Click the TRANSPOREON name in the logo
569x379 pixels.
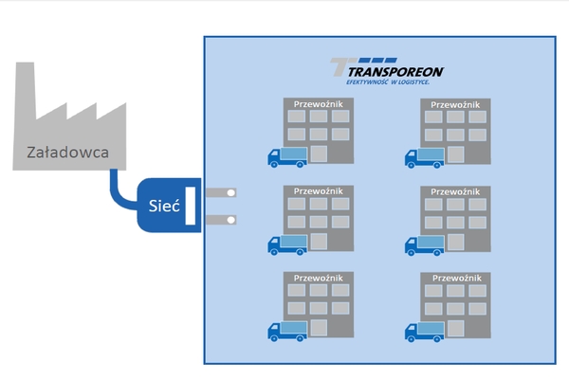[395, 71]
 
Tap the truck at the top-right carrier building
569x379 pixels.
[425, 157]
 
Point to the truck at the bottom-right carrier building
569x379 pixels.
[425, 331]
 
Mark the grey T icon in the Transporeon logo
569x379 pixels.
[339, 67]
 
